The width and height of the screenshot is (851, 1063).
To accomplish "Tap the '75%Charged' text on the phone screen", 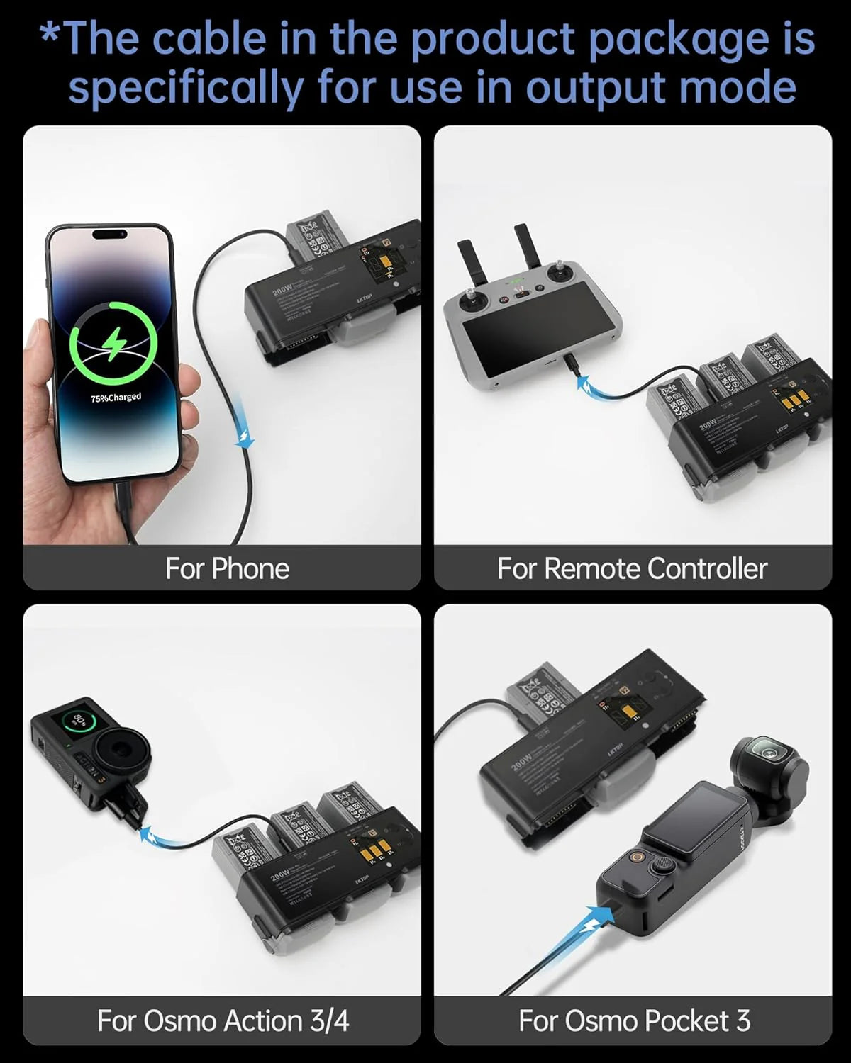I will point(116,398).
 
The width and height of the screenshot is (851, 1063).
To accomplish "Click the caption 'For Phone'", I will point(227,568).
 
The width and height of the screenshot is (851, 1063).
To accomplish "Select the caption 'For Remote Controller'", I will point(632,568).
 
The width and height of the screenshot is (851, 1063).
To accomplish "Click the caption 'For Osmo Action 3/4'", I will point(223,1020).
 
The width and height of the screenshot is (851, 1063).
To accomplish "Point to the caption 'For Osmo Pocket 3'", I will point(634,1020).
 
